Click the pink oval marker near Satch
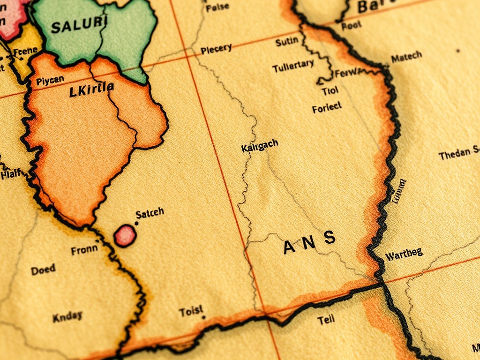point(125,235)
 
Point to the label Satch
point(150,213)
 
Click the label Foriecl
point(327,108)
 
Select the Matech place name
point(406,57)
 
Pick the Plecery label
point(216,49)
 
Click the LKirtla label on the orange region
point(91,89)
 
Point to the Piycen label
point(50,81)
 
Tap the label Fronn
point(84,250)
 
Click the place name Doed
point(43,270)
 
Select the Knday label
point(67,317)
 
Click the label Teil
point(326,320)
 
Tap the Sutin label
point(286,42)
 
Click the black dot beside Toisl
point(203,317)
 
